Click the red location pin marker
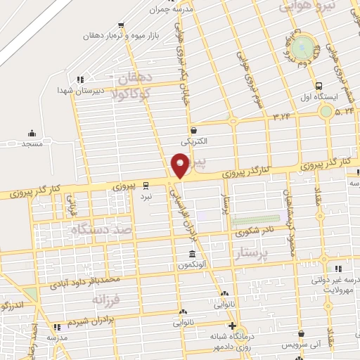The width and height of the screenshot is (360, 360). [x=181, y=166]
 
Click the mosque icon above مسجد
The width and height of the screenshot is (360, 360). [x=31, y=133]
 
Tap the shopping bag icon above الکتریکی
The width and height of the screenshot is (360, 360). [x=193, y=130]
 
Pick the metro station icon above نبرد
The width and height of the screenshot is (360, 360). [x=146, y=185]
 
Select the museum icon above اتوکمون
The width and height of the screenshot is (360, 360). [x=192, y=254]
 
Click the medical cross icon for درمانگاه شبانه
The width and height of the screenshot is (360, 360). [x=233, y=325]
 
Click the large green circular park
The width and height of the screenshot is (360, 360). [x=304, y=47]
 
